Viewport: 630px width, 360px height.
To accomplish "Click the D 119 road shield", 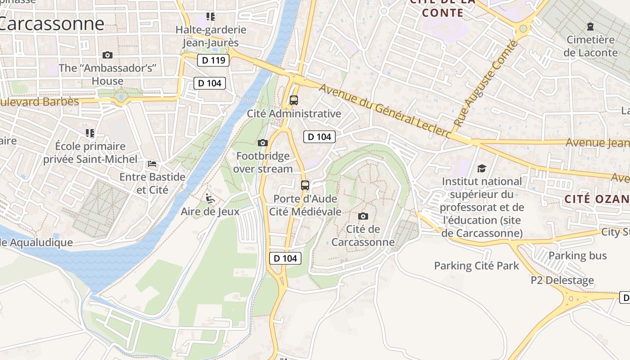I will (213, 60).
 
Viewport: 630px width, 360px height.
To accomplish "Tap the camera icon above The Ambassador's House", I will (108, 55).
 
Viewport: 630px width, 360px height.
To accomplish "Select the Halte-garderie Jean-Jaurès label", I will (211, 36).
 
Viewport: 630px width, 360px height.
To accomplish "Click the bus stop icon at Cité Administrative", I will (294, 100).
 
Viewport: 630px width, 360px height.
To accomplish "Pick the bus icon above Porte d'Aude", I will (305, 185).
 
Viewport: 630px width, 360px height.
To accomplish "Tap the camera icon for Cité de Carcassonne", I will (363, 216).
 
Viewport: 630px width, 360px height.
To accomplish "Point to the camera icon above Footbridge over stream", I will (263, 143).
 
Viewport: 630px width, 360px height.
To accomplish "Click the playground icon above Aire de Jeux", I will (210, 198).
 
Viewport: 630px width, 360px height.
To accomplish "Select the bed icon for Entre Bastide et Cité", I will (152, 164).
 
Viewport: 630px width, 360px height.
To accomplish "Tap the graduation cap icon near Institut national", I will (481, 168).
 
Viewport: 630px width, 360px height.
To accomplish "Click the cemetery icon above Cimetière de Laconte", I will (590, 27).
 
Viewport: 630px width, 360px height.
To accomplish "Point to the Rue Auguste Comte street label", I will (486, 83).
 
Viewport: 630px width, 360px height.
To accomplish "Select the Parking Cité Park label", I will (477, 266).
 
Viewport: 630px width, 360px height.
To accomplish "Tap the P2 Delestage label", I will (562, 280).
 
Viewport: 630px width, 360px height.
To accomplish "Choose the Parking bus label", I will (578, 256).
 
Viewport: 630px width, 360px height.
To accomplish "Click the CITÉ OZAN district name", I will (597, 199).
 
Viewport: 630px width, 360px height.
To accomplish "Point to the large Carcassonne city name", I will (52, 23).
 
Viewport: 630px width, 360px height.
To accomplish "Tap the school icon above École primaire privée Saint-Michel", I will (90, 133).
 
